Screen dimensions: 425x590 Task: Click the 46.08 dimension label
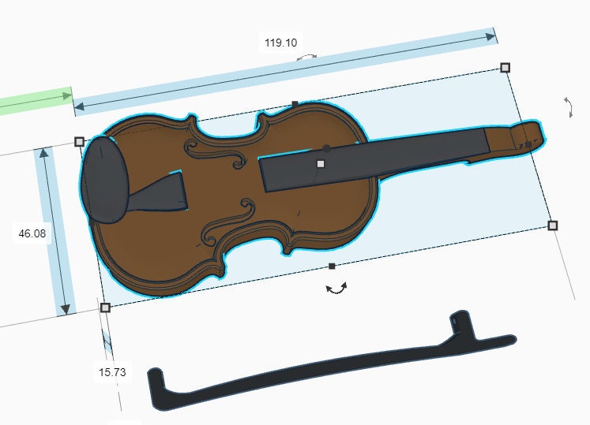(32, 233)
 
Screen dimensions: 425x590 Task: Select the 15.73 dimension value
(111, 371)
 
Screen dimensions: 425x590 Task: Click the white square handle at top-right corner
(505, 68)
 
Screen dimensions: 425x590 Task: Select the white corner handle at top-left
(79, 142)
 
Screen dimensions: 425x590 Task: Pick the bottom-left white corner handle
(105, 308)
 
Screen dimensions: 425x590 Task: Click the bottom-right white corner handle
(552, 226)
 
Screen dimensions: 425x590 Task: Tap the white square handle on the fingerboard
(321, 164)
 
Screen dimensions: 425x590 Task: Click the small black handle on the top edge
(295, 104)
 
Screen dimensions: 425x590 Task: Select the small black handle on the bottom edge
(332, 266)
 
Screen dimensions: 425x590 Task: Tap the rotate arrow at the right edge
(569, 108)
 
